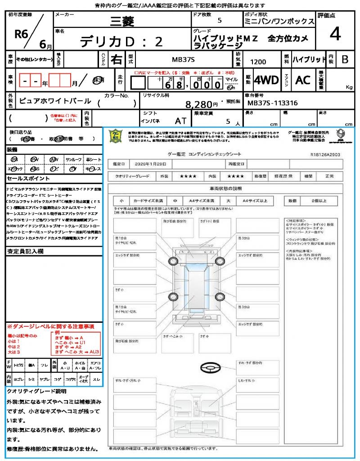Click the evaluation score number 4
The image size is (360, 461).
[x=334, y=34]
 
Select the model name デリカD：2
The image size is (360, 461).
[x=121, y=41]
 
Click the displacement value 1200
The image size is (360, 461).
[x=258, y=62]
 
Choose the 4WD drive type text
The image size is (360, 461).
[x=266, y=80]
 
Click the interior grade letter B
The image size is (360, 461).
[x=345, y=59]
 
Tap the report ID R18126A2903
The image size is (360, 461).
[x=325, y=154]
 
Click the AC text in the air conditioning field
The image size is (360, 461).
[x=302, y=80]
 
